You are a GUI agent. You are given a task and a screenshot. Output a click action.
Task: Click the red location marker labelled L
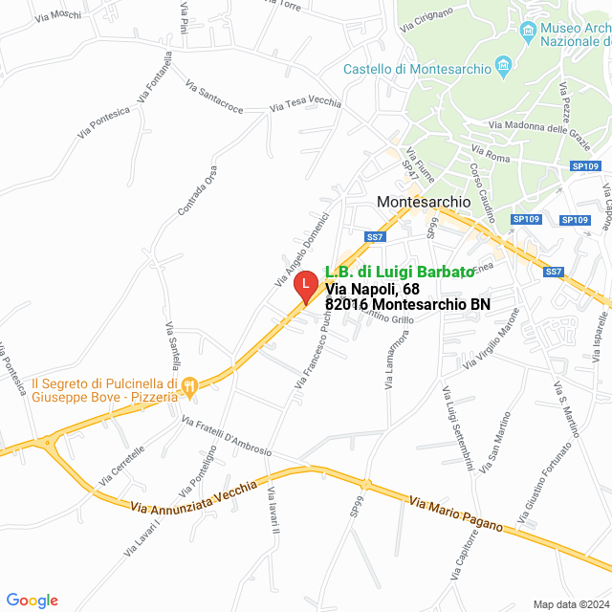click(304, 284)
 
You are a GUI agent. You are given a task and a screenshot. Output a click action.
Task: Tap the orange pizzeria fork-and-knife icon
click(189, 385)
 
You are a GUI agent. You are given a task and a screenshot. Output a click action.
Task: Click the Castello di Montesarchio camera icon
click(505, 68)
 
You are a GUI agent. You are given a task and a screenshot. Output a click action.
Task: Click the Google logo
click(32, 601)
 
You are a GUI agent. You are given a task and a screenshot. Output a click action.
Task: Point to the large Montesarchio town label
click(424, 202)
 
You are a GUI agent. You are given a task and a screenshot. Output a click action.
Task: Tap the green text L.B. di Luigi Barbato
click(399, 272)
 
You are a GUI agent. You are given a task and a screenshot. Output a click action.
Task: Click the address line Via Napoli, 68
click(372, 288)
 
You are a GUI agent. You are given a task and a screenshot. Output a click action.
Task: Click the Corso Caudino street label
click(481, 190)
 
